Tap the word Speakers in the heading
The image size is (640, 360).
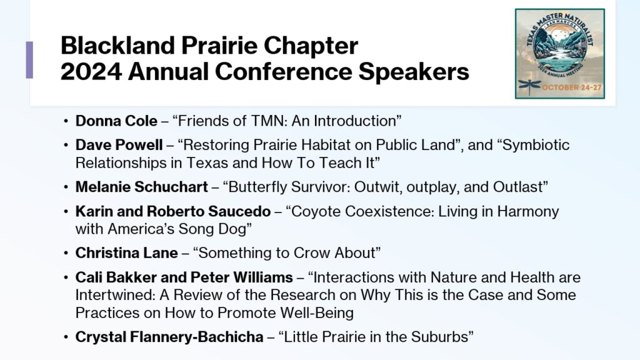tap(414, 72)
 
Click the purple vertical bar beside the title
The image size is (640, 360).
tap(29, 59)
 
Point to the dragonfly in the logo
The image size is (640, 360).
tap(529, 86)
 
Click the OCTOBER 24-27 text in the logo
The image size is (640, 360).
tap(572, 87)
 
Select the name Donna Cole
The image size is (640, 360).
tap(116, 121)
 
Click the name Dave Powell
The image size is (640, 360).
tap(119, 145)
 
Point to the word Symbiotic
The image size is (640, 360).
tap(536, 145)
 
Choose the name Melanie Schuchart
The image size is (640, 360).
tap(142, 187)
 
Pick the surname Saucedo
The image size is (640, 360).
tap(239, 211)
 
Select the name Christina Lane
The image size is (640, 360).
tap(126, 253)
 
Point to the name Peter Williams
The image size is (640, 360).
tap(242, 277)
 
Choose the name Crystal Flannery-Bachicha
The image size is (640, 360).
tap(169, 337)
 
